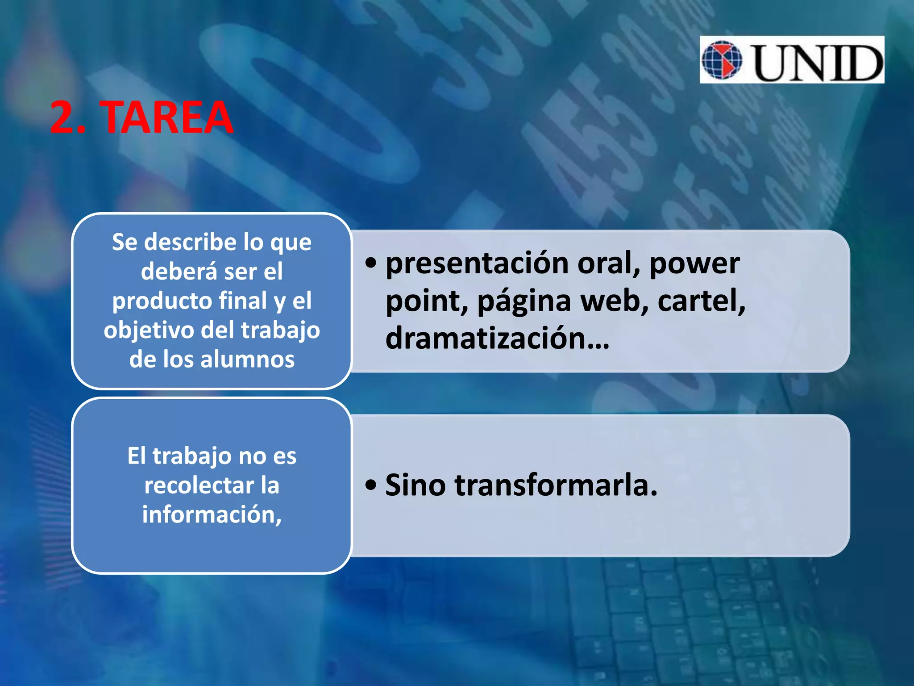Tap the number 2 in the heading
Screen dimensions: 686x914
(63, 117)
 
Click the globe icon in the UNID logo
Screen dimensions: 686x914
(722, 60)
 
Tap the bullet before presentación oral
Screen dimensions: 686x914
(370, 263)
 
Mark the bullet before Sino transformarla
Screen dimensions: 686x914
(370, 485)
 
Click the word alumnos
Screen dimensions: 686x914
(247, 360)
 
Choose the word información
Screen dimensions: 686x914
(212, 514)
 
